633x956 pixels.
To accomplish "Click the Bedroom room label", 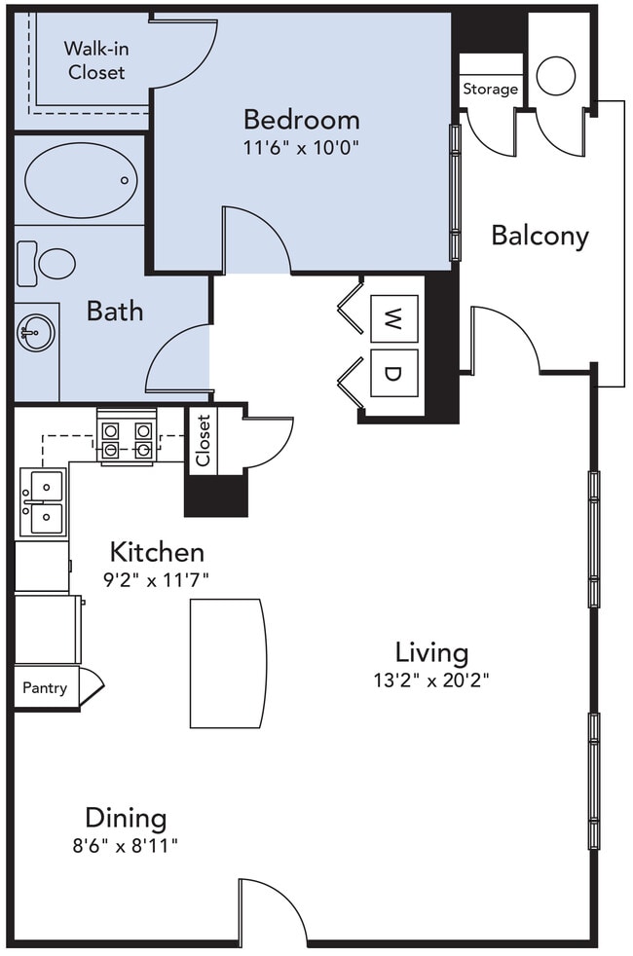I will click(x=301, y=120).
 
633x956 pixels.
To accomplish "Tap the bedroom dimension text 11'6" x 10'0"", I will click(x=301, y=149).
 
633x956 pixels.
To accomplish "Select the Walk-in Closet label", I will click(x=95, y=59).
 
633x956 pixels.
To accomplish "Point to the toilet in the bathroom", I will click(x=47, y=262).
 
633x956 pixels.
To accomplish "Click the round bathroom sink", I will click(x=36, y=333).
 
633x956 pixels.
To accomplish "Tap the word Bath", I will click(x=115, y=312).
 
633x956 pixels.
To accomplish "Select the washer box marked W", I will click(x=393, y=318).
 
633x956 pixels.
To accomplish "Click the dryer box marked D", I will click(x=393, y=373).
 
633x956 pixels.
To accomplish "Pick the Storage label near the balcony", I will click(x=490, y=90).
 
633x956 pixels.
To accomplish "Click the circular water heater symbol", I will click(x=556, y=76).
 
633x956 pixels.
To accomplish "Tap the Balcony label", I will click(x=540, y=236).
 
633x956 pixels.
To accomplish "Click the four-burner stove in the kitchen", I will click(x=127, y=439).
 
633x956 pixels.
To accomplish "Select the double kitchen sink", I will click(x=42, y=502).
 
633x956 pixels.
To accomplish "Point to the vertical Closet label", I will click(x=204, y=441).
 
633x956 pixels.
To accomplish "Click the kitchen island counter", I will click(x=227, y=663).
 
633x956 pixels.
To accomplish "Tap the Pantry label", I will click(x=45, y=688).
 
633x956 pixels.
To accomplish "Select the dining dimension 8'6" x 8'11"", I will click(x=126, y=846).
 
